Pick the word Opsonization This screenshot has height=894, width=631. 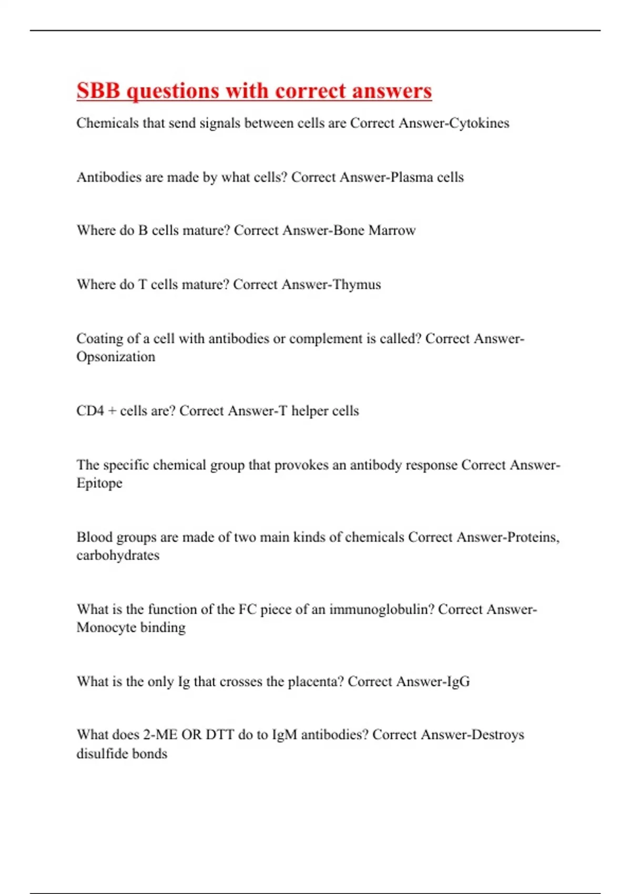(x=116, y=357)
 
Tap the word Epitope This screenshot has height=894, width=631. (x=99, y=483)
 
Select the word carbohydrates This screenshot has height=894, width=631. (x=118, y=555)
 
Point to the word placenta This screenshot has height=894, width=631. (x=315, y=682)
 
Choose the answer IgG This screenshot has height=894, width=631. (x=458, y=682)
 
